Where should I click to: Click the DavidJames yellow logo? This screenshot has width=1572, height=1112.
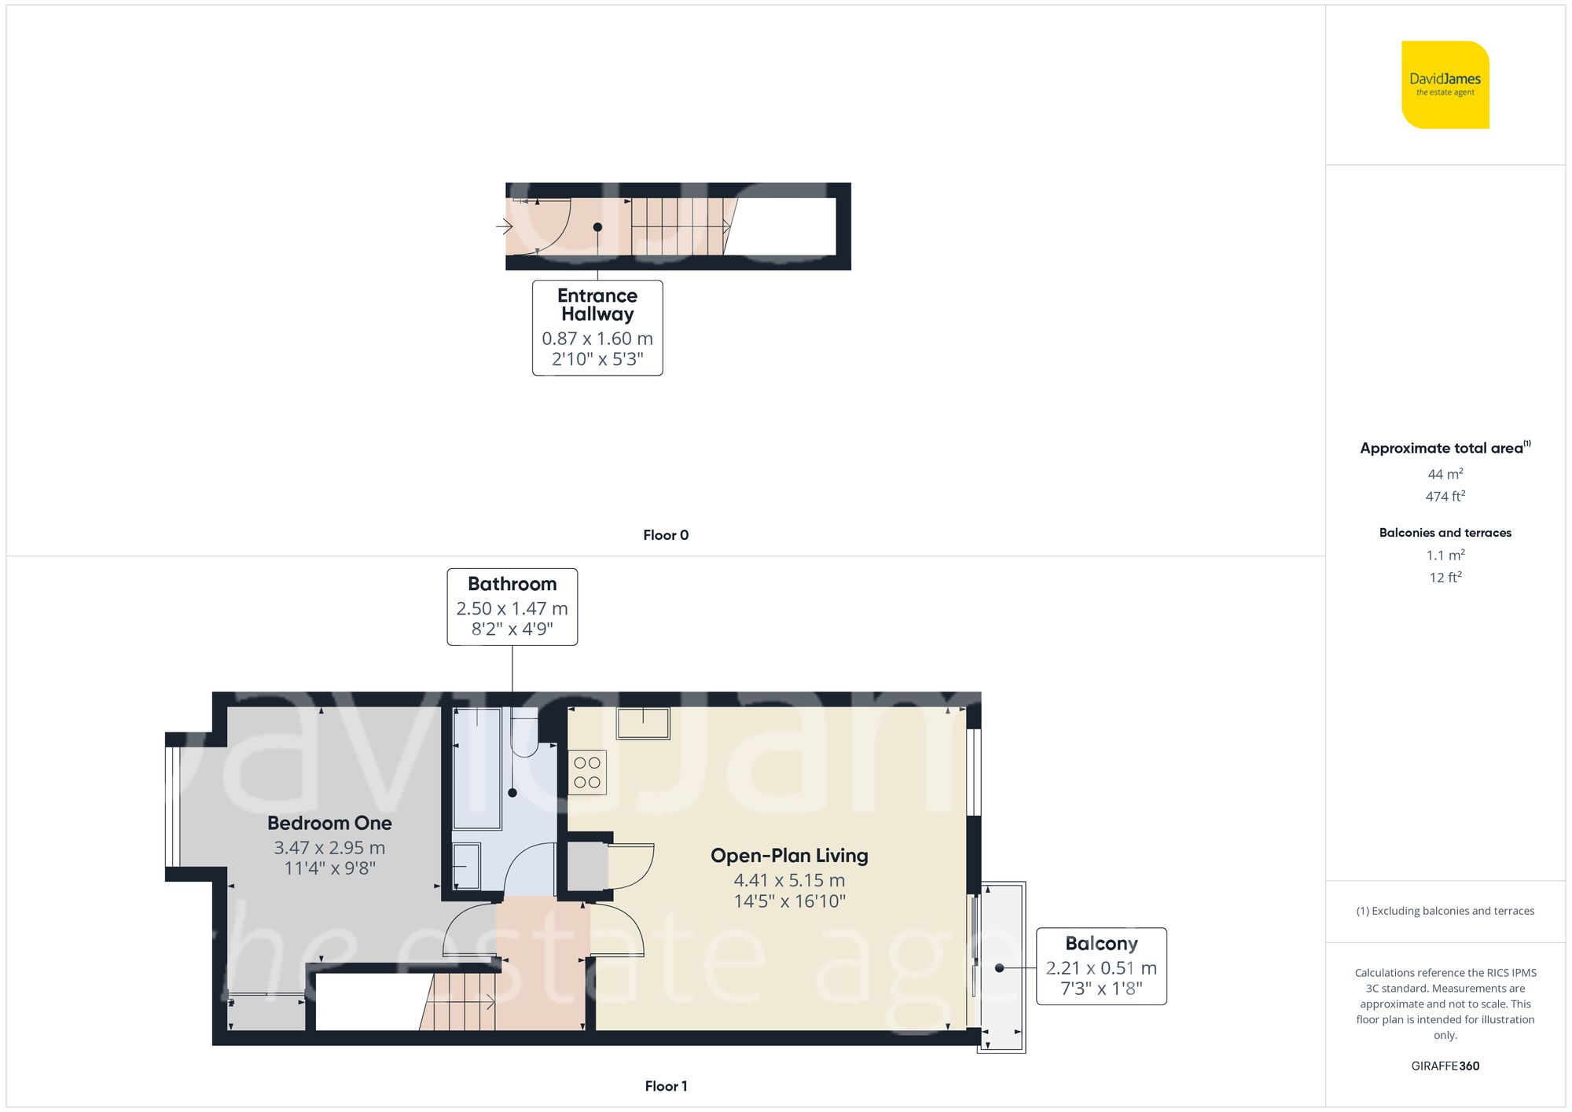(1445, 85)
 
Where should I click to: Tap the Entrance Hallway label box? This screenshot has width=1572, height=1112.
(597, 328)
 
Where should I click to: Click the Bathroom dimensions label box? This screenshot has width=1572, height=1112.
(512, 607)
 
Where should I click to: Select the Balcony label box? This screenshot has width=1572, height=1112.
(1100, 966)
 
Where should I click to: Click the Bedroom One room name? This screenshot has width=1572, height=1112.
(329, 823)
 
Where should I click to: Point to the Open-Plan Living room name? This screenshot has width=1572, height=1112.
(789, 855)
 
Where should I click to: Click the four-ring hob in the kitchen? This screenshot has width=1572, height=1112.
(587, 773)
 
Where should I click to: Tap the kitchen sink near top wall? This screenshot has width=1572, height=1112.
(643, 723)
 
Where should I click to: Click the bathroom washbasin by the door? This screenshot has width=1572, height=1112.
(467, 866)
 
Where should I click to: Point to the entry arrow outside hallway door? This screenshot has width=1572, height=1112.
(505, 227)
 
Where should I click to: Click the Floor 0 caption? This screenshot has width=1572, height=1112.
(665, 535)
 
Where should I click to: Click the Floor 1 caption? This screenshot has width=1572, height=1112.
(665, 1086)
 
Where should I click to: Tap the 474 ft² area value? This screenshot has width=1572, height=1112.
(1445, 497)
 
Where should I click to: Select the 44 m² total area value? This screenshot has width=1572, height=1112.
(1445, 475)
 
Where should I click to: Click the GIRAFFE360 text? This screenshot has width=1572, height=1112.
(1445, 1066)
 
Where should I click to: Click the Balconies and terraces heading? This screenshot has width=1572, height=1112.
(1445, 533)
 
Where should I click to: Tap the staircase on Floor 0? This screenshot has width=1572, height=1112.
(678, 227)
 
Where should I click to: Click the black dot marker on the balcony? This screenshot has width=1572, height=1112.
(1000, 968)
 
